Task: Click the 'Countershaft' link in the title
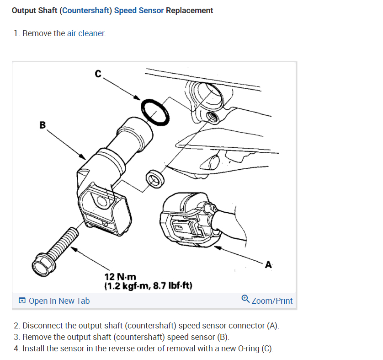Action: point(86,10)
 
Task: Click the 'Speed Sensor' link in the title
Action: point(139,10)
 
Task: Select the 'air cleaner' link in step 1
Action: point(86,33)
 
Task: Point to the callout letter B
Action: point(43,124)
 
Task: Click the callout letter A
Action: point(268,264)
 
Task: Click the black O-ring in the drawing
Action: point(155,112)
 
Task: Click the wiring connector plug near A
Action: point(187,219)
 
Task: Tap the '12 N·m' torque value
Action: point(120,277)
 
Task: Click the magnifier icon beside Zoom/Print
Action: point(245,300)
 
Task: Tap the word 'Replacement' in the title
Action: point(189,10)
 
